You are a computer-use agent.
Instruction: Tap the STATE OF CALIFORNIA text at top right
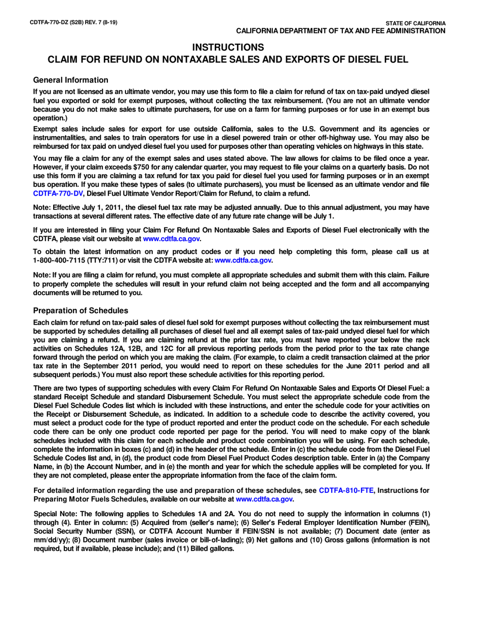(x=415, y=24)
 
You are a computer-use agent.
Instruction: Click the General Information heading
(x=70, y=80)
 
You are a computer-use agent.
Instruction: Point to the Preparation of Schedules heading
(x=80, y=310)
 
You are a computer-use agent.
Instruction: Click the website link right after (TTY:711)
(x=244, y=260)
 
